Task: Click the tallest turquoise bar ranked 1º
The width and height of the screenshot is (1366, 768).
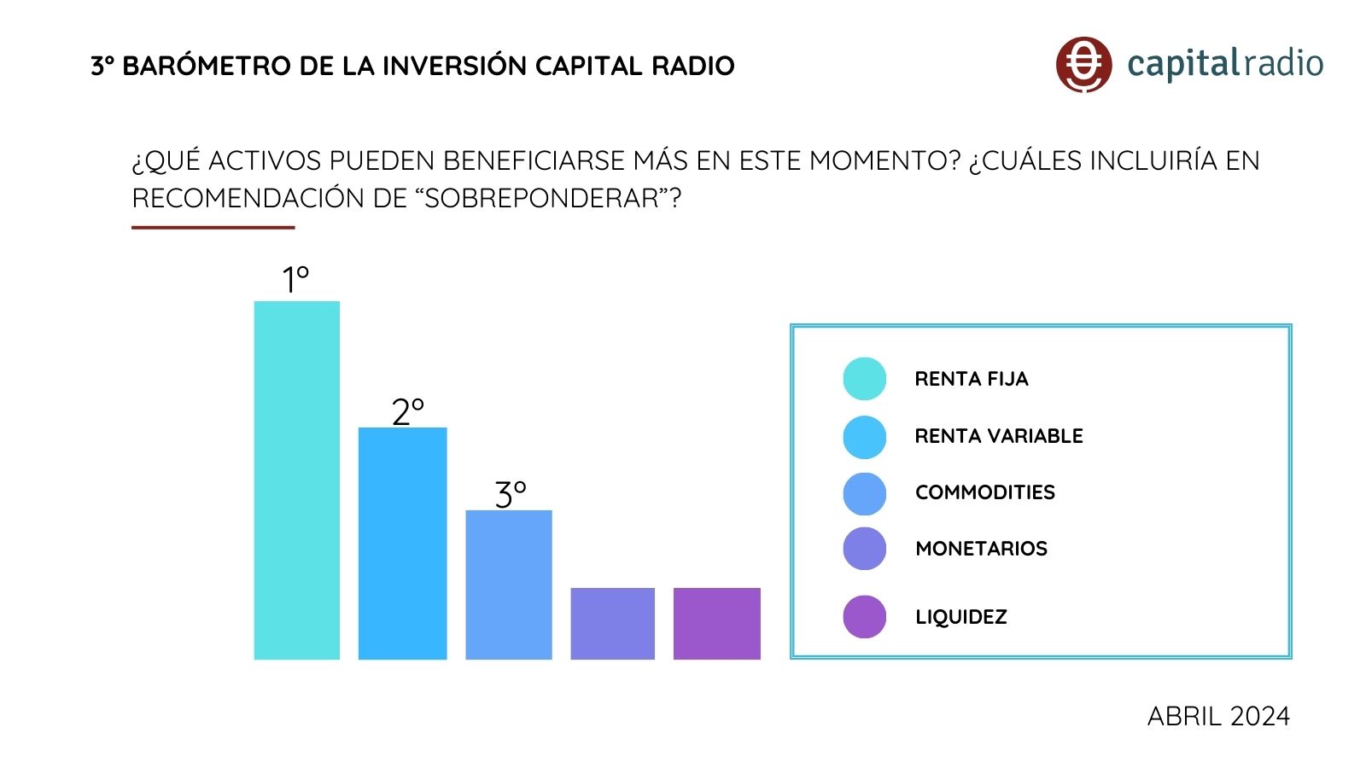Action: click(x=296, y=480)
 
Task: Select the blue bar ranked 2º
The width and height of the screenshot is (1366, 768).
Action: click(x=402, y=543)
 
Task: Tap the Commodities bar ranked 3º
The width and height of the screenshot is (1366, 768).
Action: click(x=509, y=585)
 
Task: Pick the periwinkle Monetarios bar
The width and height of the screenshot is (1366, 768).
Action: click(x=612, y=623)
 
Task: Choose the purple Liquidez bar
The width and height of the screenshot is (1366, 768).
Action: click(x=716, y=623)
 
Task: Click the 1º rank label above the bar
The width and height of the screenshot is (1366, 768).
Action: click(x=295, y=279)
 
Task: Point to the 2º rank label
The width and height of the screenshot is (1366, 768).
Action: click(x=407, y=412)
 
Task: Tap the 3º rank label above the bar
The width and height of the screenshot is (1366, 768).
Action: click(x=511, y=494)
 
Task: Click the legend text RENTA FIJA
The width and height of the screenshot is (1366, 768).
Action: click(x=971, y=379)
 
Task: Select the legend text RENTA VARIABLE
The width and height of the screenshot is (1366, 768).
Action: click(x=998, y=436)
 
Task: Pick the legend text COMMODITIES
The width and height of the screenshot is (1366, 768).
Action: click(x=984, y=492)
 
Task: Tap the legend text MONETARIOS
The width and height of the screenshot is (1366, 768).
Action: click(x=981, y=549)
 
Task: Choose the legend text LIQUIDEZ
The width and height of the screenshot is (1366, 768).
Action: click(x=960, y=617)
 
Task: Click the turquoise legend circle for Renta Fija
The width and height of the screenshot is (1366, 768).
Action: click(x=864, y=379)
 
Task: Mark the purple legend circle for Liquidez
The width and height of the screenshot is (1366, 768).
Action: click(x=864, y=617)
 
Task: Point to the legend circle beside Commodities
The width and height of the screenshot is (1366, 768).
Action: click(x=864, y=493)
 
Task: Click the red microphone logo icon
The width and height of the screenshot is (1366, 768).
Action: click(x=1083, y=64)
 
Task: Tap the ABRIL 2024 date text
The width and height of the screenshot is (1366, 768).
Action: click(x=1217, y=716)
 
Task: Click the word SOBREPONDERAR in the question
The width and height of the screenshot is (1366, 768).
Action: click(x=541, y=198)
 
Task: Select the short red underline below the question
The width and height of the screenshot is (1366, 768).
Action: click(x=213, y=228)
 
